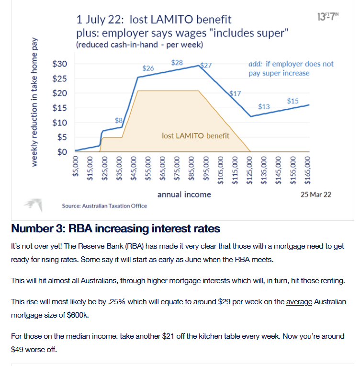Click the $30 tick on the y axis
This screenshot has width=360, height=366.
click(x=59, y=64)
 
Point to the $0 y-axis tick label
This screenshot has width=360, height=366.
click(x=62, y=152)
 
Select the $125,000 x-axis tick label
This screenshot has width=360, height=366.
click(x=249, y=171)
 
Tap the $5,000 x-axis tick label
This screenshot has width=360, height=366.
click(x=76, y=167)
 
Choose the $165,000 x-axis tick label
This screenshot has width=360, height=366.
click(x=307, y=171)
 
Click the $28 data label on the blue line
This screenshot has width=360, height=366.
click(x=177, y=63)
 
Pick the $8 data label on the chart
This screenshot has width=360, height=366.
click(x=119, y=120)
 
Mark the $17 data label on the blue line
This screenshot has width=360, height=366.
click(x=235, y=93)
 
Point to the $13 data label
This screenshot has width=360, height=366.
click(x=264, y=107)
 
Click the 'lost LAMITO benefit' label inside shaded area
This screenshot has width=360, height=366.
click(x=195, y=136)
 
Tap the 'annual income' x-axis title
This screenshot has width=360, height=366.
click(x=184, y=194)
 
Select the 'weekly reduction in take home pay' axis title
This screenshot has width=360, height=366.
click(x=34, y=102)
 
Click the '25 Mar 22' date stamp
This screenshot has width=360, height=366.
click(x=316, y=194)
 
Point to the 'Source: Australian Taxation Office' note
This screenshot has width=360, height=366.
click(x=104, y=206)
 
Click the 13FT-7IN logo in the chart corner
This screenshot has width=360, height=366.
click(x=328, y=17)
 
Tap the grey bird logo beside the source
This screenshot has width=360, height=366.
click(x=34, y=205)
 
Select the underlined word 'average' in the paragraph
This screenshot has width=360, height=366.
click(x=299, y=302)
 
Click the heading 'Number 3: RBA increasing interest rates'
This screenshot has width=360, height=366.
click(x=116, y=229)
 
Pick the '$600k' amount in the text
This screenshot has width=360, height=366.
click(x=78, y=315)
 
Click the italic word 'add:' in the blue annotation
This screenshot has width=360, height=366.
click(x=255, y=64)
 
